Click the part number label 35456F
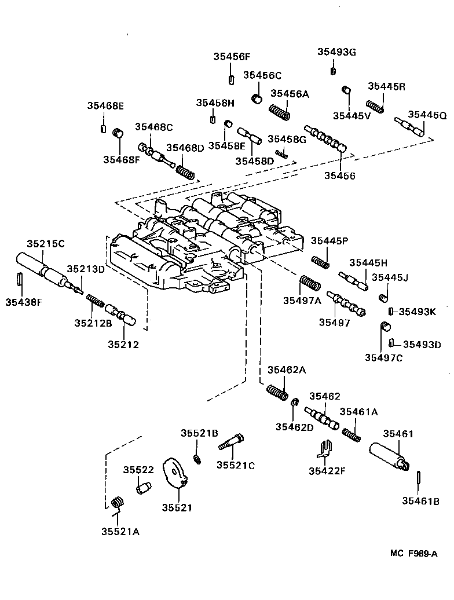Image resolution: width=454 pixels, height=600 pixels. [x=232, y=57]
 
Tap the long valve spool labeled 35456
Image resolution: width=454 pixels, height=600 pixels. [x=325, y=138]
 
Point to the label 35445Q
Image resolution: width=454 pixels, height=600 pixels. [x=427, y=115]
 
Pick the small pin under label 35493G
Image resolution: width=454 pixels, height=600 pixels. [x=334, y=71]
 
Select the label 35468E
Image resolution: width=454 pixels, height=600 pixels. [x=106, y=106]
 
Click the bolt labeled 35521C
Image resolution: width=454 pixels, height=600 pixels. [x=232, y=442]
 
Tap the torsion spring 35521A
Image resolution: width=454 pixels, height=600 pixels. [x=118, y=504]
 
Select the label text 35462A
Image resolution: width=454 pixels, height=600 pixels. [x=287, y=371]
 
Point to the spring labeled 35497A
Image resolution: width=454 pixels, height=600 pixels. [x=310, y=284]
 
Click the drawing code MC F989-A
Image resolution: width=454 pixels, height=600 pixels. [x=413, y=554]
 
